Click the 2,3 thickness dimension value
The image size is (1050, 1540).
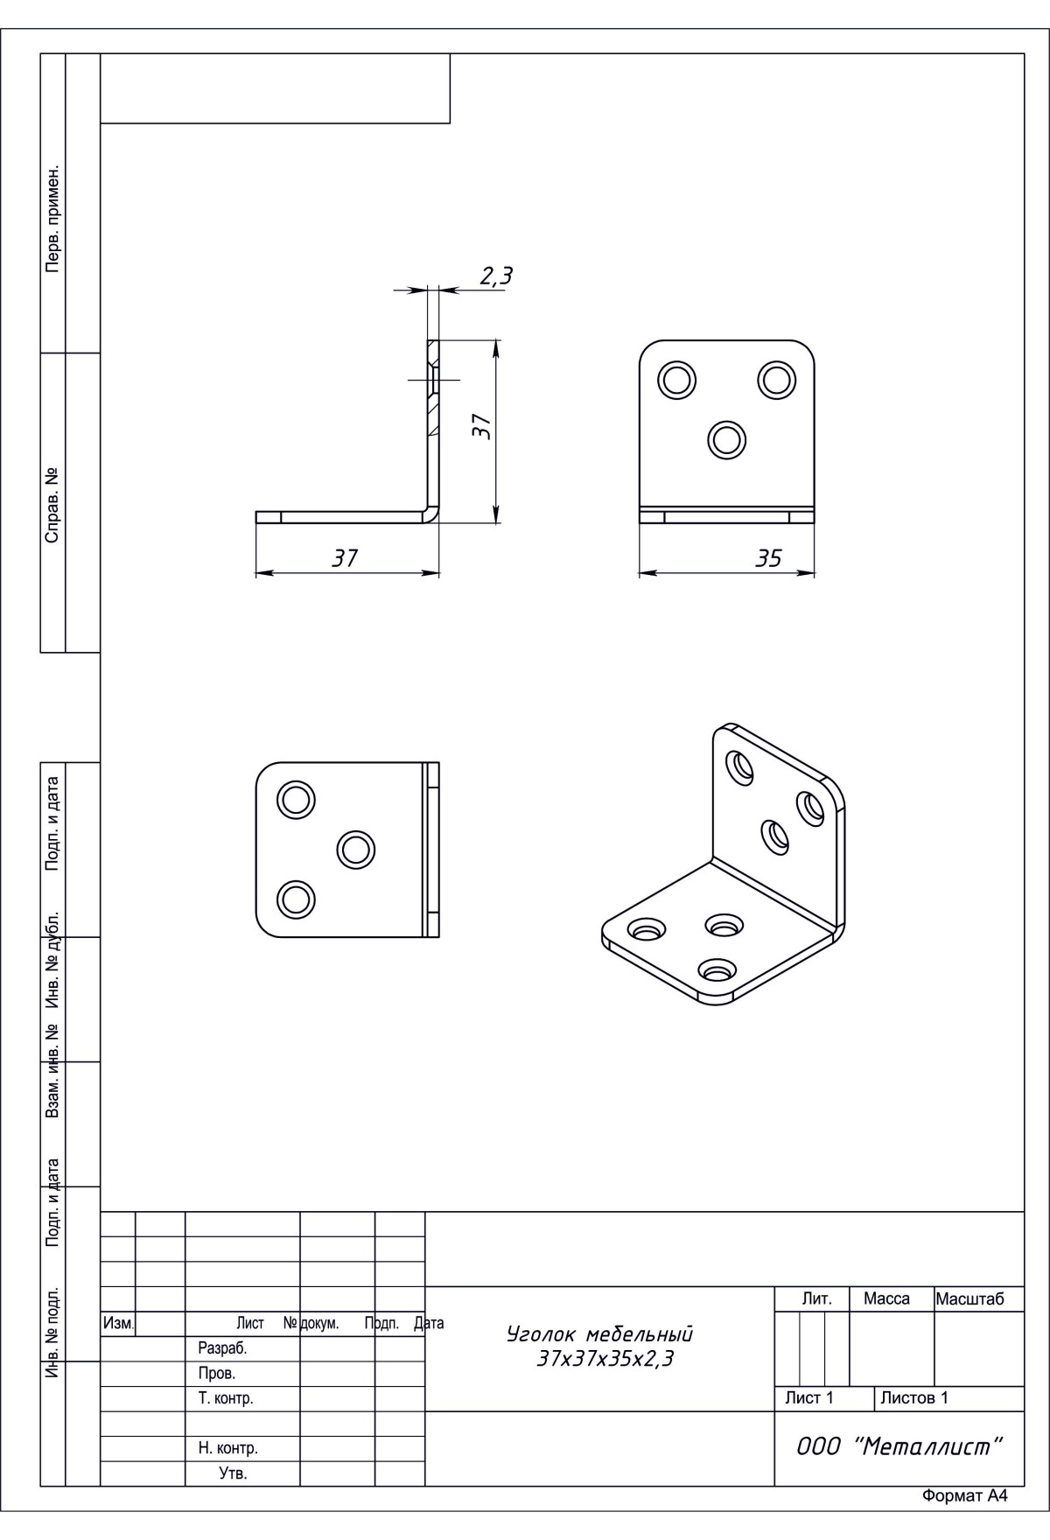(495, 276)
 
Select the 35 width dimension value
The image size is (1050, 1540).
(768, 558)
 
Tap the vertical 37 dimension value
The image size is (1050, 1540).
(480, 426)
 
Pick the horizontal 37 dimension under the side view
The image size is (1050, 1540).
(346, 557)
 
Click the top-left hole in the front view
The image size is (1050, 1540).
(678, 380)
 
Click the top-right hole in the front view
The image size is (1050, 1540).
(777, 380)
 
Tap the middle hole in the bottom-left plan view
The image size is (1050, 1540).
(355, 849)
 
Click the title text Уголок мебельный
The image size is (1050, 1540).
(600, 1334)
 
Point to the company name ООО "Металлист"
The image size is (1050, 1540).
(899, 1446)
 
